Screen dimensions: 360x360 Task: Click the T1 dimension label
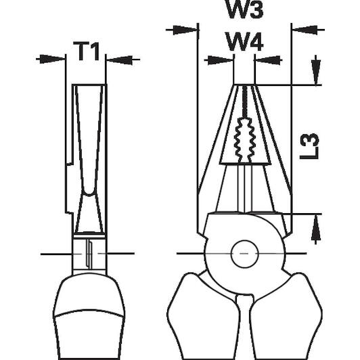87,51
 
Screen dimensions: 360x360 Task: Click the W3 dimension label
245,9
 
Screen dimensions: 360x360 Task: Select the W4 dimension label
244,41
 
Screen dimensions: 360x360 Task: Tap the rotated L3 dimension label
309,146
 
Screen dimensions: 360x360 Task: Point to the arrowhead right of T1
120,60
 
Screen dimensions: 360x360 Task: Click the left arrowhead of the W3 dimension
185,30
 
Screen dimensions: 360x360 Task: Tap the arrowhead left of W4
220,60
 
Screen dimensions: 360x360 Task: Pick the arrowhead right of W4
269,60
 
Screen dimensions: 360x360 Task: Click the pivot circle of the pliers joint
244,254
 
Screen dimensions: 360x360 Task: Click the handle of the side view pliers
89,317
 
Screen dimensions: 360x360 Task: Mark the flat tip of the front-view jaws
245,85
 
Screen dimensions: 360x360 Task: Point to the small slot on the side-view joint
89,254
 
